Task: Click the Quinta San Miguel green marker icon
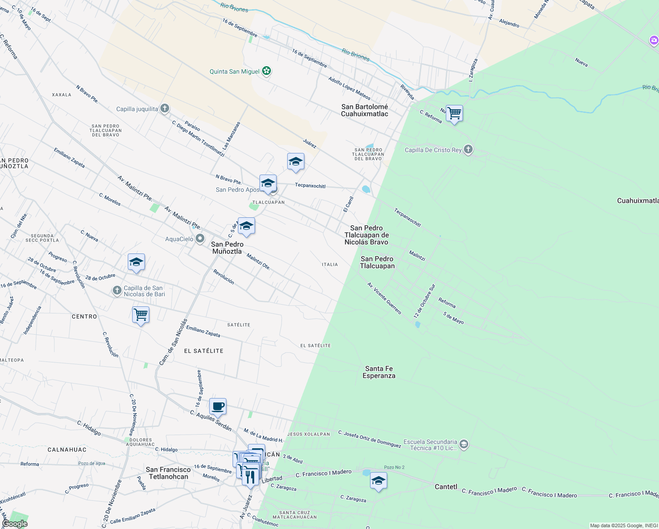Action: click(x=266, y=71)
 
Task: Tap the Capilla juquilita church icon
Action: click(x=164, y=108)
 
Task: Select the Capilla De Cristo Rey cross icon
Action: click(x=468, y=149)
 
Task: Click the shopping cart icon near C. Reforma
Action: click(x=454, y=113)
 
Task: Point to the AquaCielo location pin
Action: click(x=200, y=239)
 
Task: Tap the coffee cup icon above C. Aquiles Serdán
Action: click(x=218, y=406)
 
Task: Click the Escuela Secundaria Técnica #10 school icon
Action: click(x=463, y=444)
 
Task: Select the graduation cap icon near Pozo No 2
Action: click(x=378, y=481)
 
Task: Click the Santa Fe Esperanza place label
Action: click(x=379, y=372)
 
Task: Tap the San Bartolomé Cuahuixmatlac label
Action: click(x=365, y=110)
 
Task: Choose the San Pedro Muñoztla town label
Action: click(x=227, y=248)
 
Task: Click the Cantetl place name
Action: click(x=446, y=487)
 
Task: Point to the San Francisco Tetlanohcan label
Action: click(x=168, y=473)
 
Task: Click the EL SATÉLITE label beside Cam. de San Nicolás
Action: click(x=204, y=351)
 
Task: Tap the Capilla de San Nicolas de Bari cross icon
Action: click(x=117, y=291)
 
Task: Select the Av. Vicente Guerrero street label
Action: click(x=384, y=298)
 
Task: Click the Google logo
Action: click(x=15, y=524)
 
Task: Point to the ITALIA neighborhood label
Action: click(x=330, y=264)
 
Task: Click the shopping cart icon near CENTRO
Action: click(x=141, y=315)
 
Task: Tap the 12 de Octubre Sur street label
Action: click(x=424, y=301)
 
